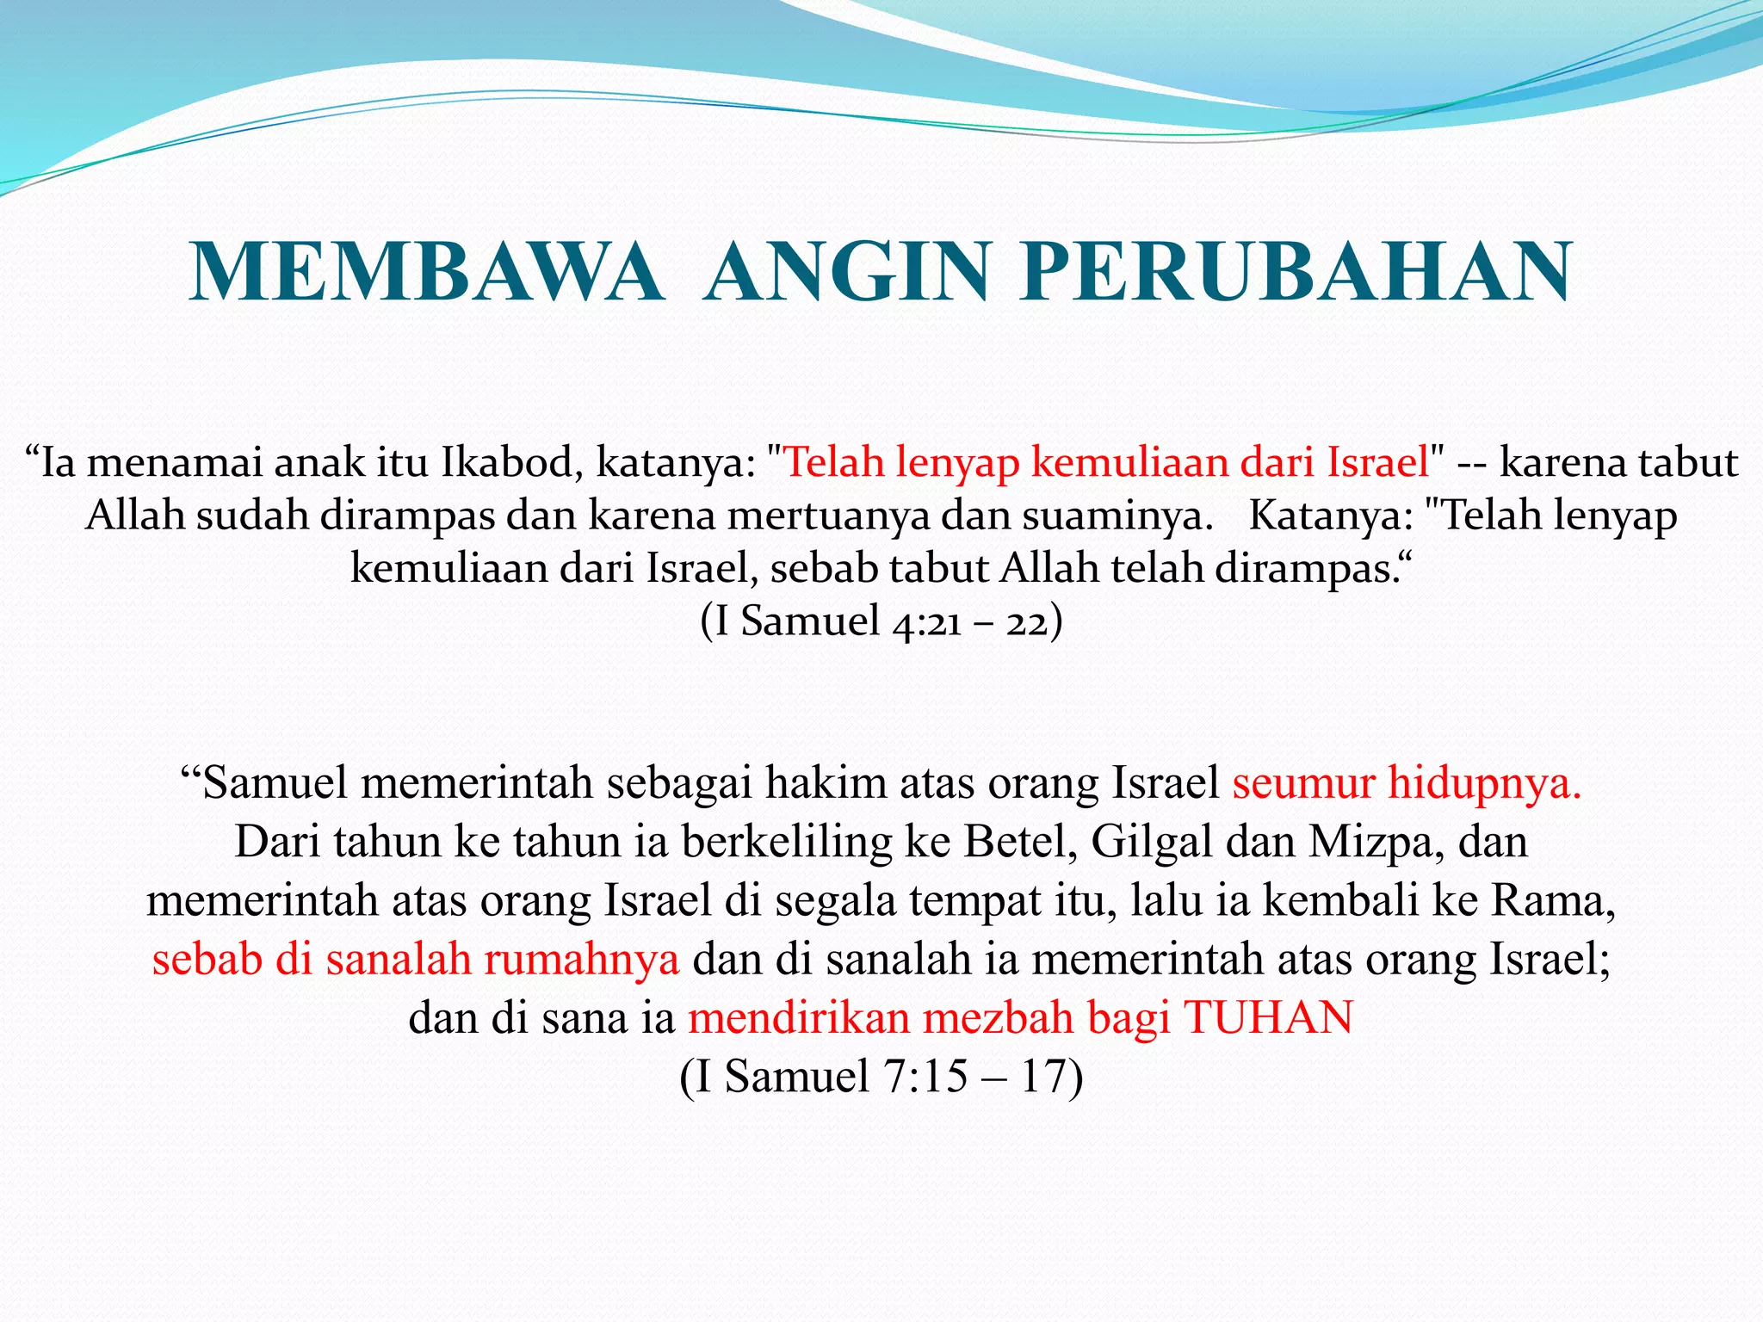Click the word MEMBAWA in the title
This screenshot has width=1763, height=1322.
[428, 272]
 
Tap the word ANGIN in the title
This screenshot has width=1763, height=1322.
[846, 272]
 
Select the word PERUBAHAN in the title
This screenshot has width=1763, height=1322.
[1296, 272]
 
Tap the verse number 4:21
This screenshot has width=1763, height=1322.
[926, 622]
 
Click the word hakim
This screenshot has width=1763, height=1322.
[814, 783]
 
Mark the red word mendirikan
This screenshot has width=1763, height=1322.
[799, 1018]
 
